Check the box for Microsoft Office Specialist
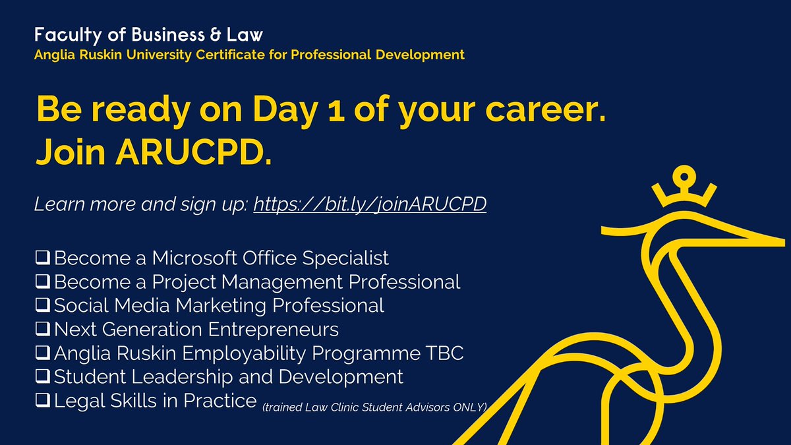click(x=44, y=258)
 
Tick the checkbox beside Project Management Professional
click(x=44, y=282)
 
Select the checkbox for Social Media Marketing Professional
click(x=44, y=306)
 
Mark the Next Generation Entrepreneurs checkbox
click(x=44, y=330)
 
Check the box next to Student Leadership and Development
click(x=44, y=377)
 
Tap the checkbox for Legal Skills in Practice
click(x=44, y=401)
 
